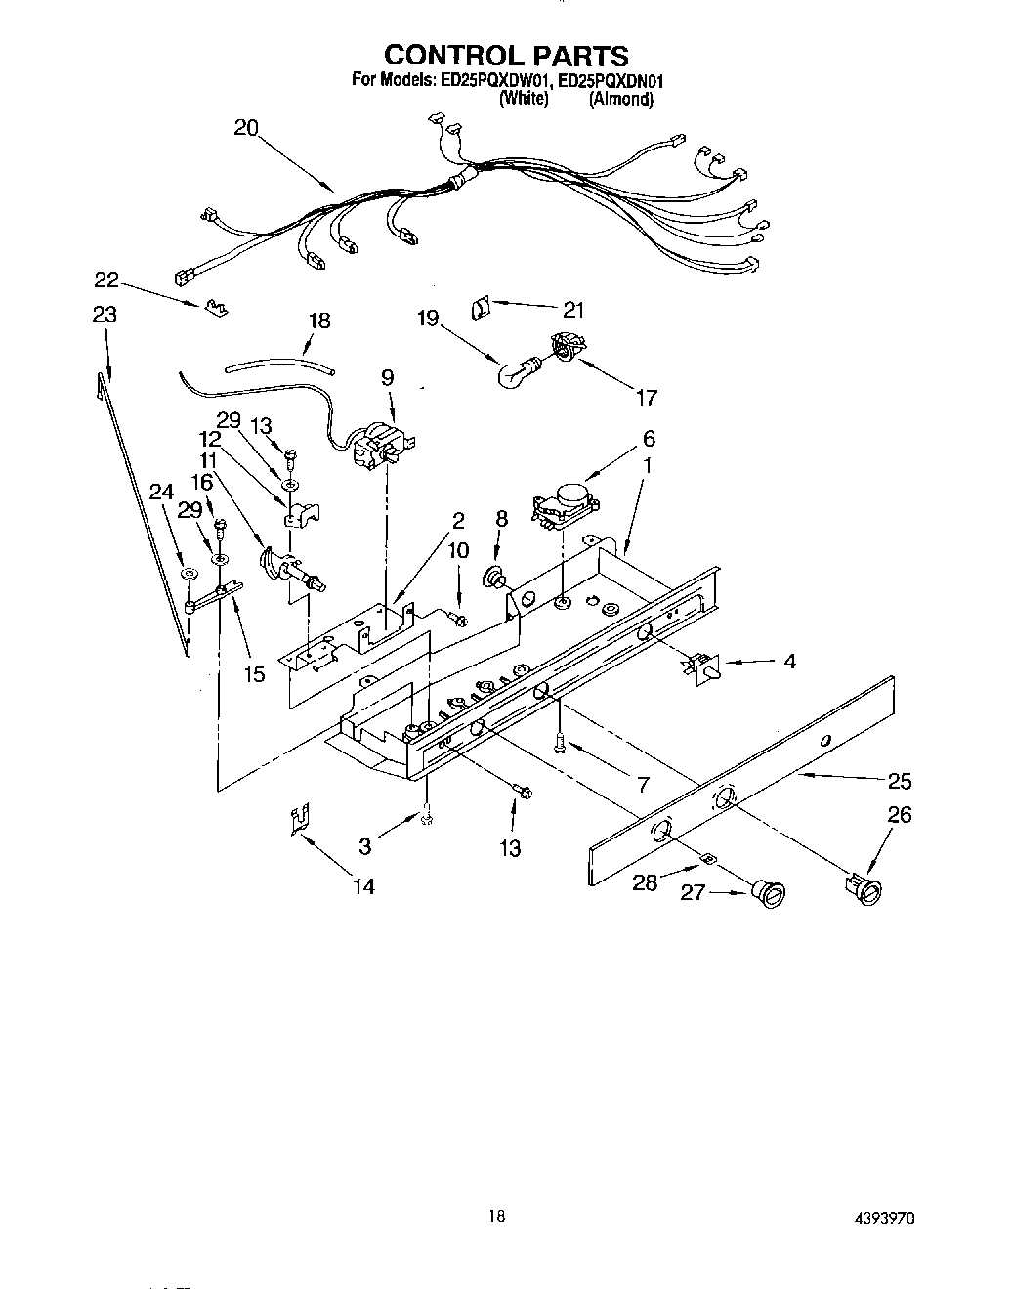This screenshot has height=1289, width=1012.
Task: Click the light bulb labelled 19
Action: (x=517, y=370)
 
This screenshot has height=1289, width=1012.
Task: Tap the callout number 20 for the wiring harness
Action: (x=246, y=129)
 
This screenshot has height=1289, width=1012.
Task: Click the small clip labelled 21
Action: (x=481, y=309)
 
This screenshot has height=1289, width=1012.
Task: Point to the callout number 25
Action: (x=899, y=780)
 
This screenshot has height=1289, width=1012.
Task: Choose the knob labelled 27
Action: (x=769, y=892)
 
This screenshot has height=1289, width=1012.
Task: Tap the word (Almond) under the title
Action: (x=620, y=99)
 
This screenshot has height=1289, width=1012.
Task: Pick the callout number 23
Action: (x=105, y=315)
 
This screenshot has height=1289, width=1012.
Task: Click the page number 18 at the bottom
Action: (x=497, y=1217)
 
